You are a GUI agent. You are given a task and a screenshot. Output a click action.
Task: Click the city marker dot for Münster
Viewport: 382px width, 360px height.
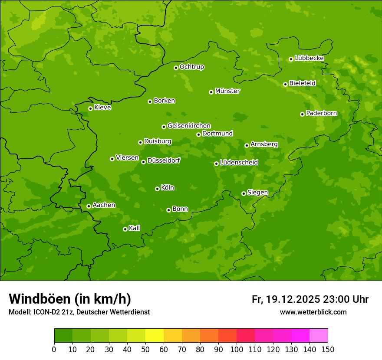click(x=211, y=92)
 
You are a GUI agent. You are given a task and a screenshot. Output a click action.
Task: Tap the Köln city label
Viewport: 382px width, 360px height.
click(x=168, y=188)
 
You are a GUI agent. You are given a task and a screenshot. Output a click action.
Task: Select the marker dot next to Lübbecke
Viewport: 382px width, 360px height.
click(x=291, y=59)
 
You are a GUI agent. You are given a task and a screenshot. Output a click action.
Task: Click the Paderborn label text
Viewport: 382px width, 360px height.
click(x=321, y=113)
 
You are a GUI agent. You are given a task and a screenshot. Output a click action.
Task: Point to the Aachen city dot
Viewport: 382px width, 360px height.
click(x=89, y=206)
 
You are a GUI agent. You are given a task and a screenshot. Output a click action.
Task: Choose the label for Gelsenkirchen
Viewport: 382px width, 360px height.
click(x=189, y=126)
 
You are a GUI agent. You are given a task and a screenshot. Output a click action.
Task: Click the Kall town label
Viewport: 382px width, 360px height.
click(x=135, y=228)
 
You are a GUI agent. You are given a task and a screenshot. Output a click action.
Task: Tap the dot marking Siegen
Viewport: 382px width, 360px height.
click(x=244, y=193)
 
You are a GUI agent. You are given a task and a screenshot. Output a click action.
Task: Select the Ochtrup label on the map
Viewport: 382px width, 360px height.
click(x=192, y=67)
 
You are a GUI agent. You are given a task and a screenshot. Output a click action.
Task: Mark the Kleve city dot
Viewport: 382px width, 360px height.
click(x=90, y=108)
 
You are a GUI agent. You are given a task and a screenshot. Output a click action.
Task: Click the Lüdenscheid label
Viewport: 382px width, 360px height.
click(x=239, y=163)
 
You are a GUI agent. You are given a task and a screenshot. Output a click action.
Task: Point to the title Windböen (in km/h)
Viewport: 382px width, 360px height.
click(x=70, y=299)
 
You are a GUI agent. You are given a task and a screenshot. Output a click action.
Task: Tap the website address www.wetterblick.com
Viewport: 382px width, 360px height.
click(x=313, y=312)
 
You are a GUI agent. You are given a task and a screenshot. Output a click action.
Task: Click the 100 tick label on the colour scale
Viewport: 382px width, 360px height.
click(x=237, y=349)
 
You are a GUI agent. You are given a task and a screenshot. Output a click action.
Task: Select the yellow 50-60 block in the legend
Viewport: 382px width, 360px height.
click(x=155, y=335)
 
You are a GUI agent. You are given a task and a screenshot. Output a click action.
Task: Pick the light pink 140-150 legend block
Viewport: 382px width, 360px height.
click(x=319, y=335)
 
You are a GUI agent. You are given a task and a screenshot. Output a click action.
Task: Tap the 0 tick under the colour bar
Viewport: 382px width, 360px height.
click(x=54, y=349)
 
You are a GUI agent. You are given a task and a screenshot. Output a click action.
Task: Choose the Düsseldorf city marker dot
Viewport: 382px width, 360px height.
click(x=143, y=162)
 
